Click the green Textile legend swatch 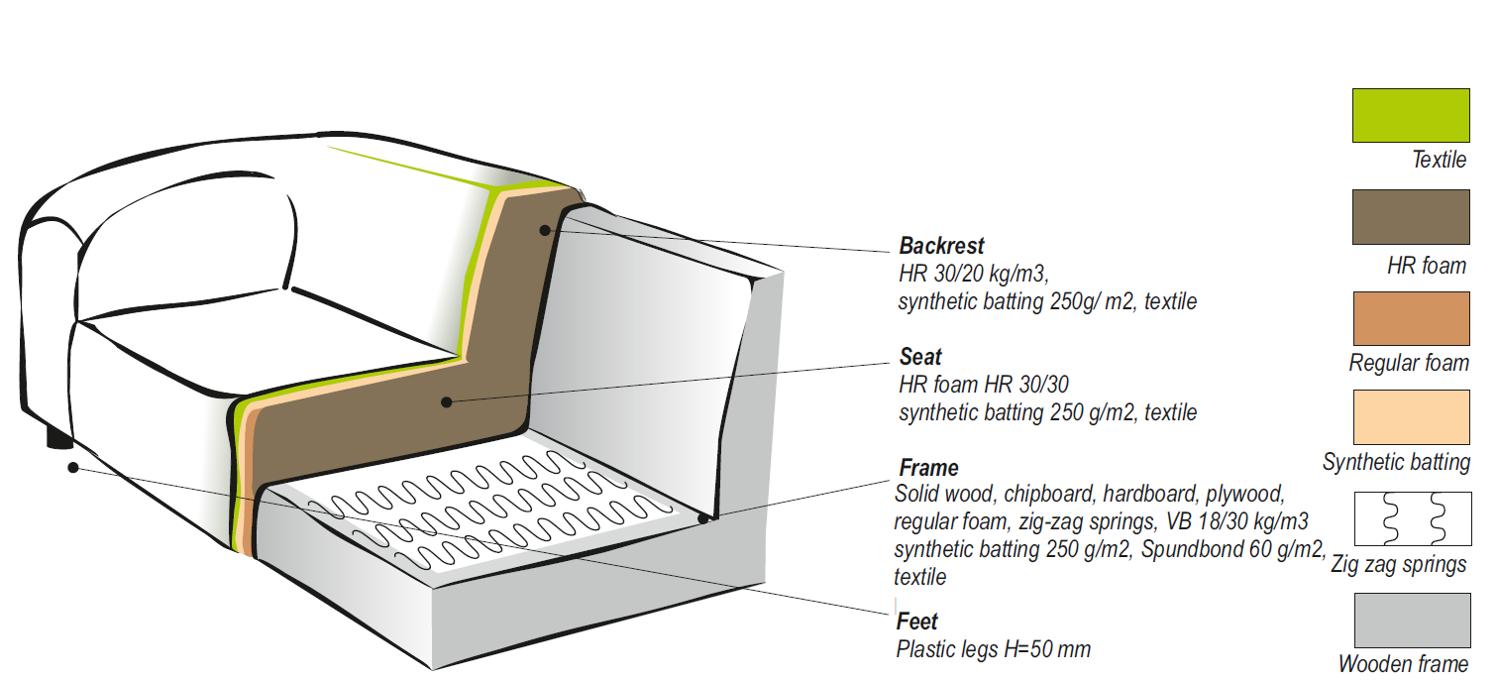1411,115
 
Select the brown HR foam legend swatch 1411,216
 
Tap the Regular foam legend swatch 1411,318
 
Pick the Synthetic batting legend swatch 1411,417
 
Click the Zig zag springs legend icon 1411,517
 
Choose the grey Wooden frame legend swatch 1411,621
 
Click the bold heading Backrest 941,246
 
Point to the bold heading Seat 920,357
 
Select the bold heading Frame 928,468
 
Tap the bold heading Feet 916,623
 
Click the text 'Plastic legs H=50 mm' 993,650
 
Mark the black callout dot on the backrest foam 544,230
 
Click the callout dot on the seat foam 447,401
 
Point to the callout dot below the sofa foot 72,466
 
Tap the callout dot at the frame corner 703,516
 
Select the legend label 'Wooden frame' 1403,664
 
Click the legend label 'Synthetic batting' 1396,462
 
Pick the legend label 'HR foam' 1427,266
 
